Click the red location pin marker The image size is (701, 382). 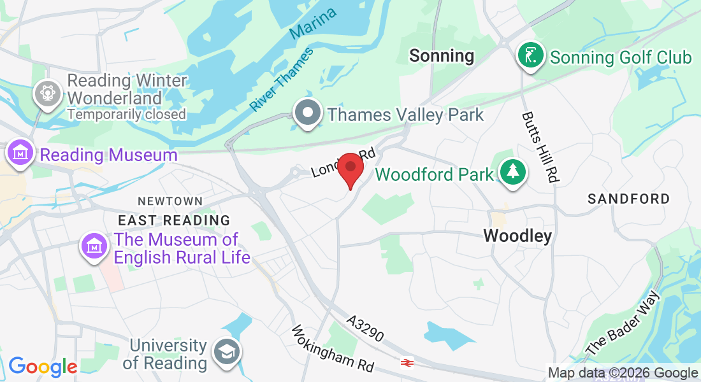coord(350,167)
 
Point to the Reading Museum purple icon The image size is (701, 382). coord(20,153)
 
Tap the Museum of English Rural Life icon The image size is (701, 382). coord(94,247)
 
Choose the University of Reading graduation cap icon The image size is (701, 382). coord(226,353)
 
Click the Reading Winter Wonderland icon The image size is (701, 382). coord(47,94)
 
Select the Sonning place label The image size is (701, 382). coord(442,56)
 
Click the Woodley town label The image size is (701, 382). coord(517,236)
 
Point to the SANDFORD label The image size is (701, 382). coord(629,199)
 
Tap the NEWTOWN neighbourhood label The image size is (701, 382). coord(170,201)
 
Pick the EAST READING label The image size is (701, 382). coord(174,220)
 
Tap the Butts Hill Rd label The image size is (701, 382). coord(539,148)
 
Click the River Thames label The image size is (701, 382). coord(282,79)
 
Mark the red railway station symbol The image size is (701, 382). coord(407,362)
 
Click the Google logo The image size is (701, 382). coord(43,367)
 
